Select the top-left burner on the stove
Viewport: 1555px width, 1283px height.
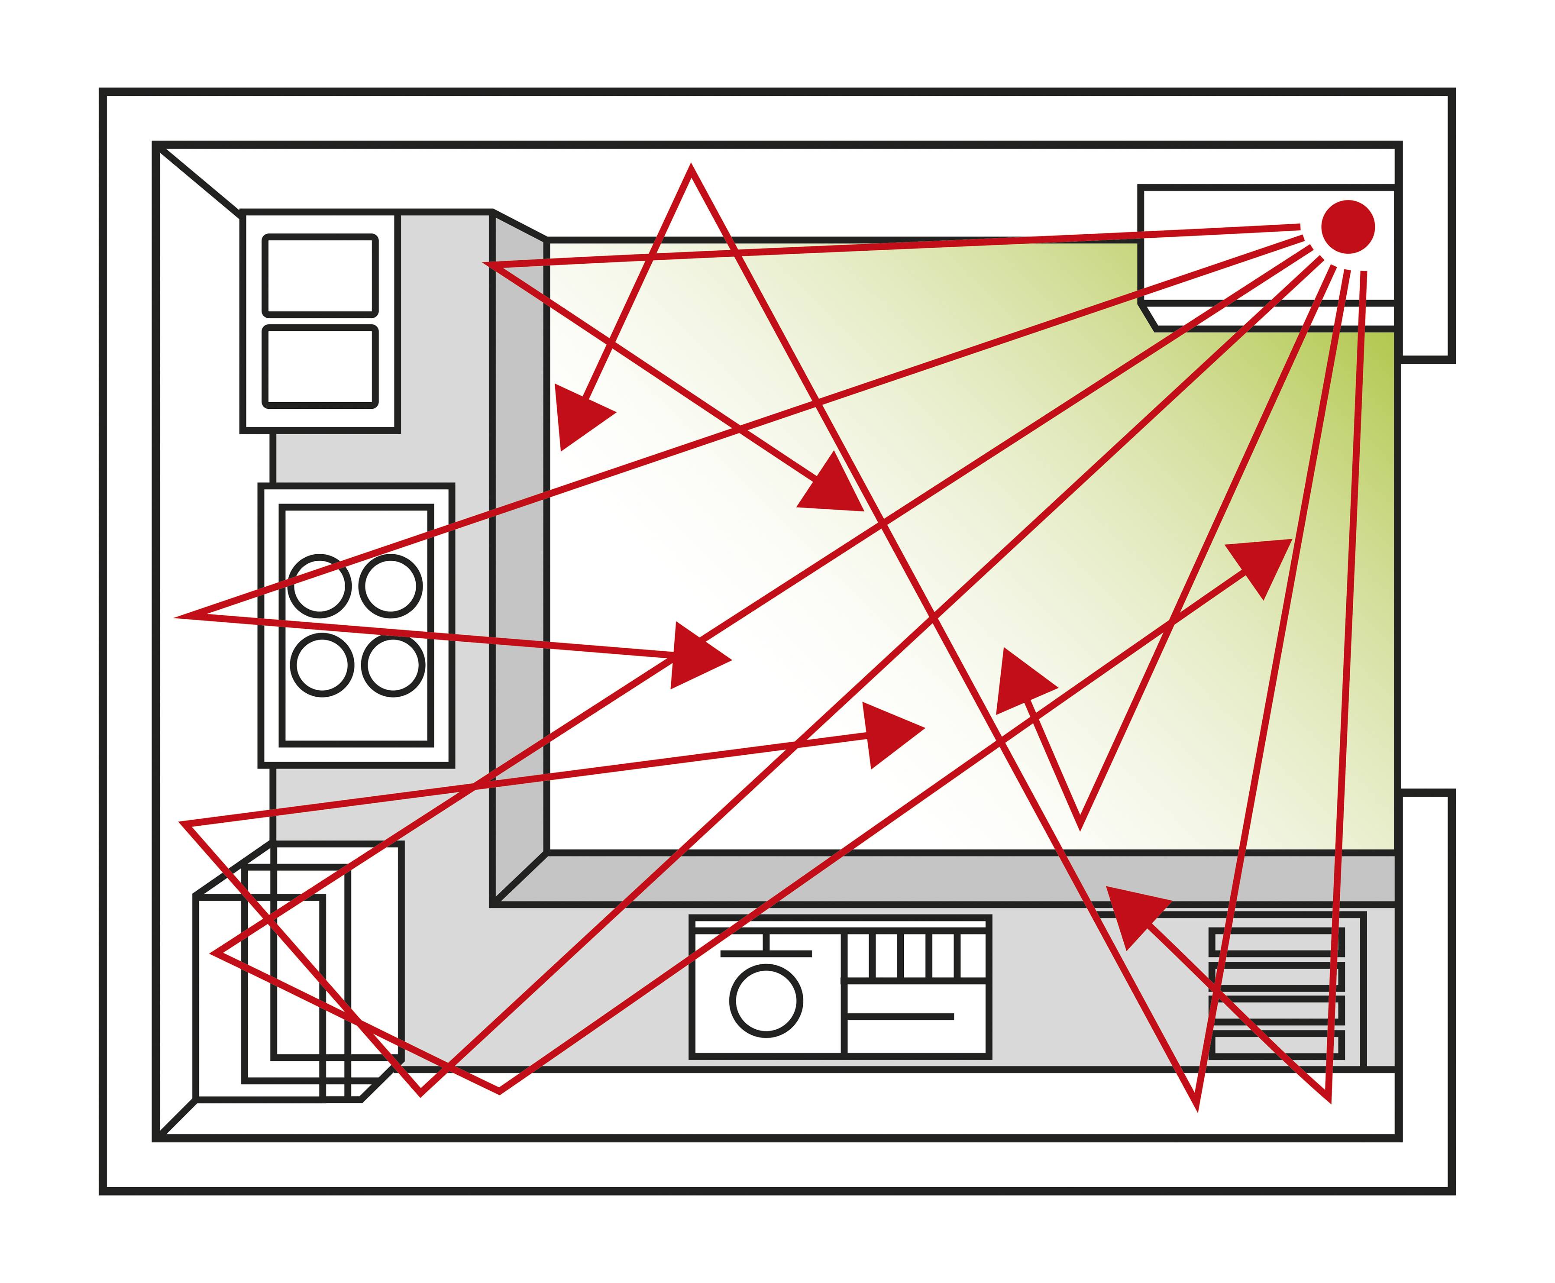319,586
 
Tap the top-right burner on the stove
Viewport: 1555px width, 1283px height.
391,585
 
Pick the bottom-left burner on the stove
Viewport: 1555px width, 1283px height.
321,664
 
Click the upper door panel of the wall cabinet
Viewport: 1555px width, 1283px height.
320,276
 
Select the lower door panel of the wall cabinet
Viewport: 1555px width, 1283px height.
320,367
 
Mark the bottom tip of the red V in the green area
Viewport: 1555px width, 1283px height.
1080,825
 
